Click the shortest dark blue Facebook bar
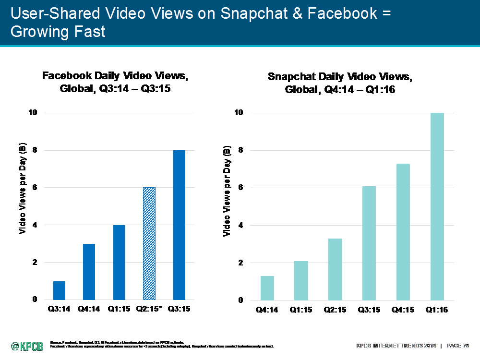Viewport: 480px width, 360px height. coord(59,290)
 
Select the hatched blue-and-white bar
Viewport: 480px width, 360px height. coord(149,243)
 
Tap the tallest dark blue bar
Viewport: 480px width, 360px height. coord(179,225)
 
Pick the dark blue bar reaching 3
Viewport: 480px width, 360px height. coord(89,272)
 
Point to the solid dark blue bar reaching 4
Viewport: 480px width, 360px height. coord(119,262)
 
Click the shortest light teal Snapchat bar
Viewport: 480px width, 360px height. coord(267,288)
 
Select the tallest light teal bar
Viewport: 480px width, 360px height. coord(437,206)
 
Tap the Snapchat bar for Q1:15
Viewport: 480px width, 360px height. coord(301,280)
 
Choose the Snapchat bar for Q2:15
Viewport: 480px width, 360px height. coord(335,269)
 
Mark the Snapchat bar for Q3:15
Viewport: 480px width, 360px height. coord(369,243)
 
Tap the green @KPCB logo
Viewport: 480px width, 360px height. coord(27,346)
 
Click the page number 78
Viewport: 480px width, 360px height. coord(464,346)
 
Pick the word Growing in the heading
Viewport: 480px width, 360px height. coord(40,32)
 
